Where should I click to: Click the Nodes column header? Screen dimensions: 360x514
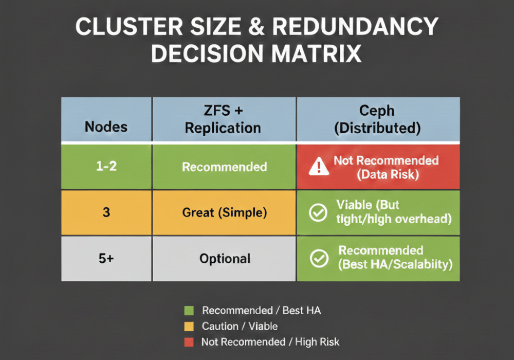pyautogui.click(x=106, y=127)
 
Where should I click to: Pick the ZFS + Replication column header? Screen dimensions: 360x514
pyautogui.click(x=224, y=119)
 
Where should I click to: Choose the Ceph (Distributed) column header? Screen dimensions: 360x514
pyautogui.click(x=378, y=119)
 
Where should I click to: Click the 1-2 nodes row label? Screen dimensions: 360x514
pyautogui.click(x=106, y=167)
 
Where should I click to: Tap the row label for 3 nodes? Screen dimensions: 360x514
pyautogui.click(x=106, y=212)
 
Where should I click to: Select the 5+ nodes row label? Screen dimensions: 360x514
pyautogui.click(x=106, y=258)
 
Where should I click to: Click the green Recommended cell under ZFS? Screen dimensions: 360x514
pyautogui.click(x=224, y=167)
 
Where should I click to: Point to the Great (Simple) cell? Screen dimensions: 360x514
pyautogui.click(x=224, y=212)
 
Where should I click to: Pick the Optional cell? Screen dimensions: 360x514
pyautogui.click(x=224, y=258)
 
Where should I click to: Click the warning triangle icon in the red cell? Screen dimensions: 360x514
pyautogui.click(x=319, y=167)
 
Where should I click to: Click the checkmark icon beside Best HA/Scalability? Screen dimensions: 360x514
pyautogui.click(x=319, y=259)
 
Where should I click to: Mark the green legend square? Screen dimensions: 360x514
pyautogui.click(x=188, y=311)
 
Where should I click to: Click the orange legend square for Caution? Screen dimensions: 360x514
pyautogui.click(x=188, y=326)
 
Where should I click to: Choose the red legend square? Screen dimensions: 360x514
pyautogui.click(x=188, y=341)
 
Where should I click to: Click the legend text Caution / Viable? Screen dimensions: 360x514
pyautogui.click(x=240, y=326)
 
